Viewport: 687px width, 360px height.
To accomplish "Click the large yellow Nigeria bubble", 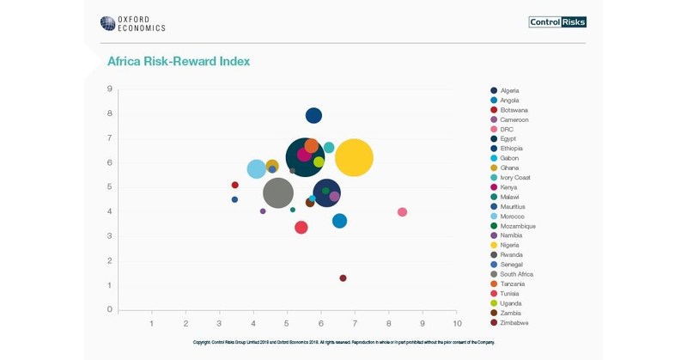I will (354, 158).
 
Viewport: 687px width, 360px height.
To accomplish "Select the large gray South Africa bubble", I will (277, 192).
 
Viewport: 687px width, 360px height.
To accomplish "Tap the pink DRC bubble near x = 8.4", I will (402, 212).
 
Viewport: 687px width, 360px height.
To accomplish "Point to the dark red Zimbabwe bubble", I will (343, 278).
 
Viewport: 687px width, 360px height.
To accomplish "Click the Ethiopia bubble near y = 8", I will (313, 116).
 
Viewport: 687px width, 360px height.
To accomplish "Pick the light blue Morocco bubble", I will (256, 169).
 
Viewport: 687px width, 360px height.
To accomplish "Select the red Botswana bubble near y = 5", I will (234, 186).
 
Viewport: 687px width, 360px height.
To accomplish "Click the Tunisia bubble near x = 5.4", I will (301, 228).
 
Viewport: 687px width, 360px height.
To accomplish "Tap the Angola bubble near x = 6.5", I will (339, 221).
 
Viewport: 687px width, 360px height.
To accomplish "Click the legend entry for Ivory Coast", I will (514, 178).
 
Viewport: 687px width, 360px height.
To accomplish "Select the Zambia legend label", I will (511, 313).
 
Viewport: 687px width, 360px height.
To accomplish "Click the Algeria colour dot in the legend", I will (494, 91).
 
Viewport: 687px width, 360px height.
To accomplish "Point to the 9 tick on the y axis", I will (109, 88).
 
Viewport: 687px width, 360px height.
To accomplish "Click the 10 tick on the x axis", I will (456, 323).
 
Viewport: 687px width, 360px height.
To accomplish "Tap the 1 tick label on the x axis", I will (152, 323).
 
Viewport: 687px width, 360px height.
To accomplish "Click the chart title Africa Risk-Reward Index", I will (179, 62).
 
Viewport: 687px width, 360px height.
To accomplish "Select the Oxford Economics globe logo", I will (107, 23).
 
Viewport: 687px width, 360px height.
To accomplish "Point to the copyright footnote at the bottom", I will (343, 342).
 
